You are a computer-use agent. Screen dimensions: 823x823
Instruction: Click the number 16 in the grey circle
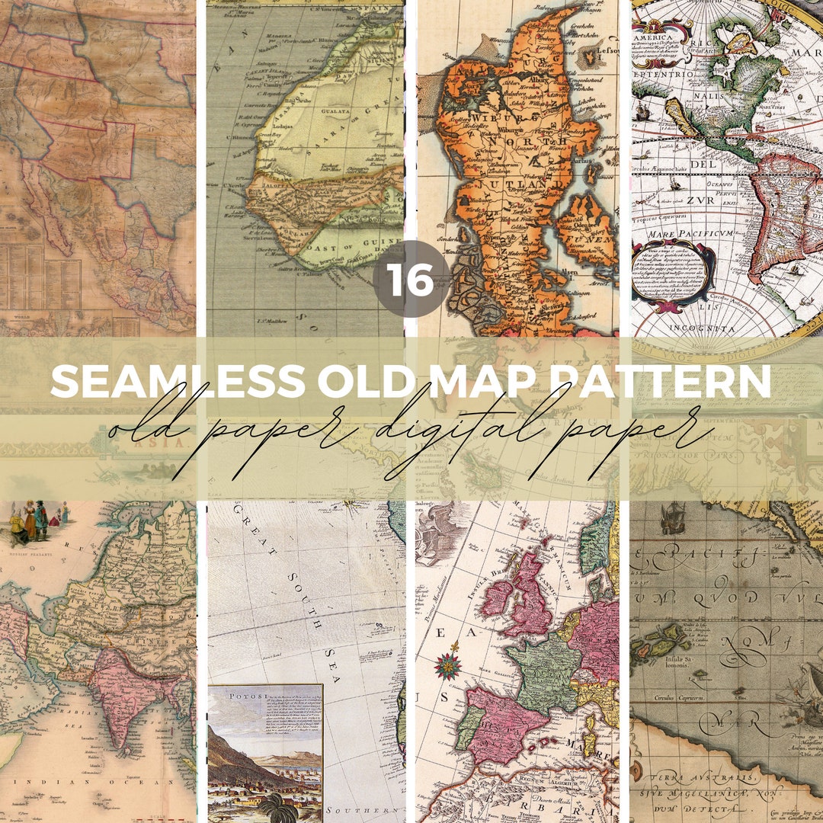[411, 279]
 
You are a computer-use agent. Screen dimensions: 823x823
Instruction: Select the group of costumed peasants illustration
[34, 523]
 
